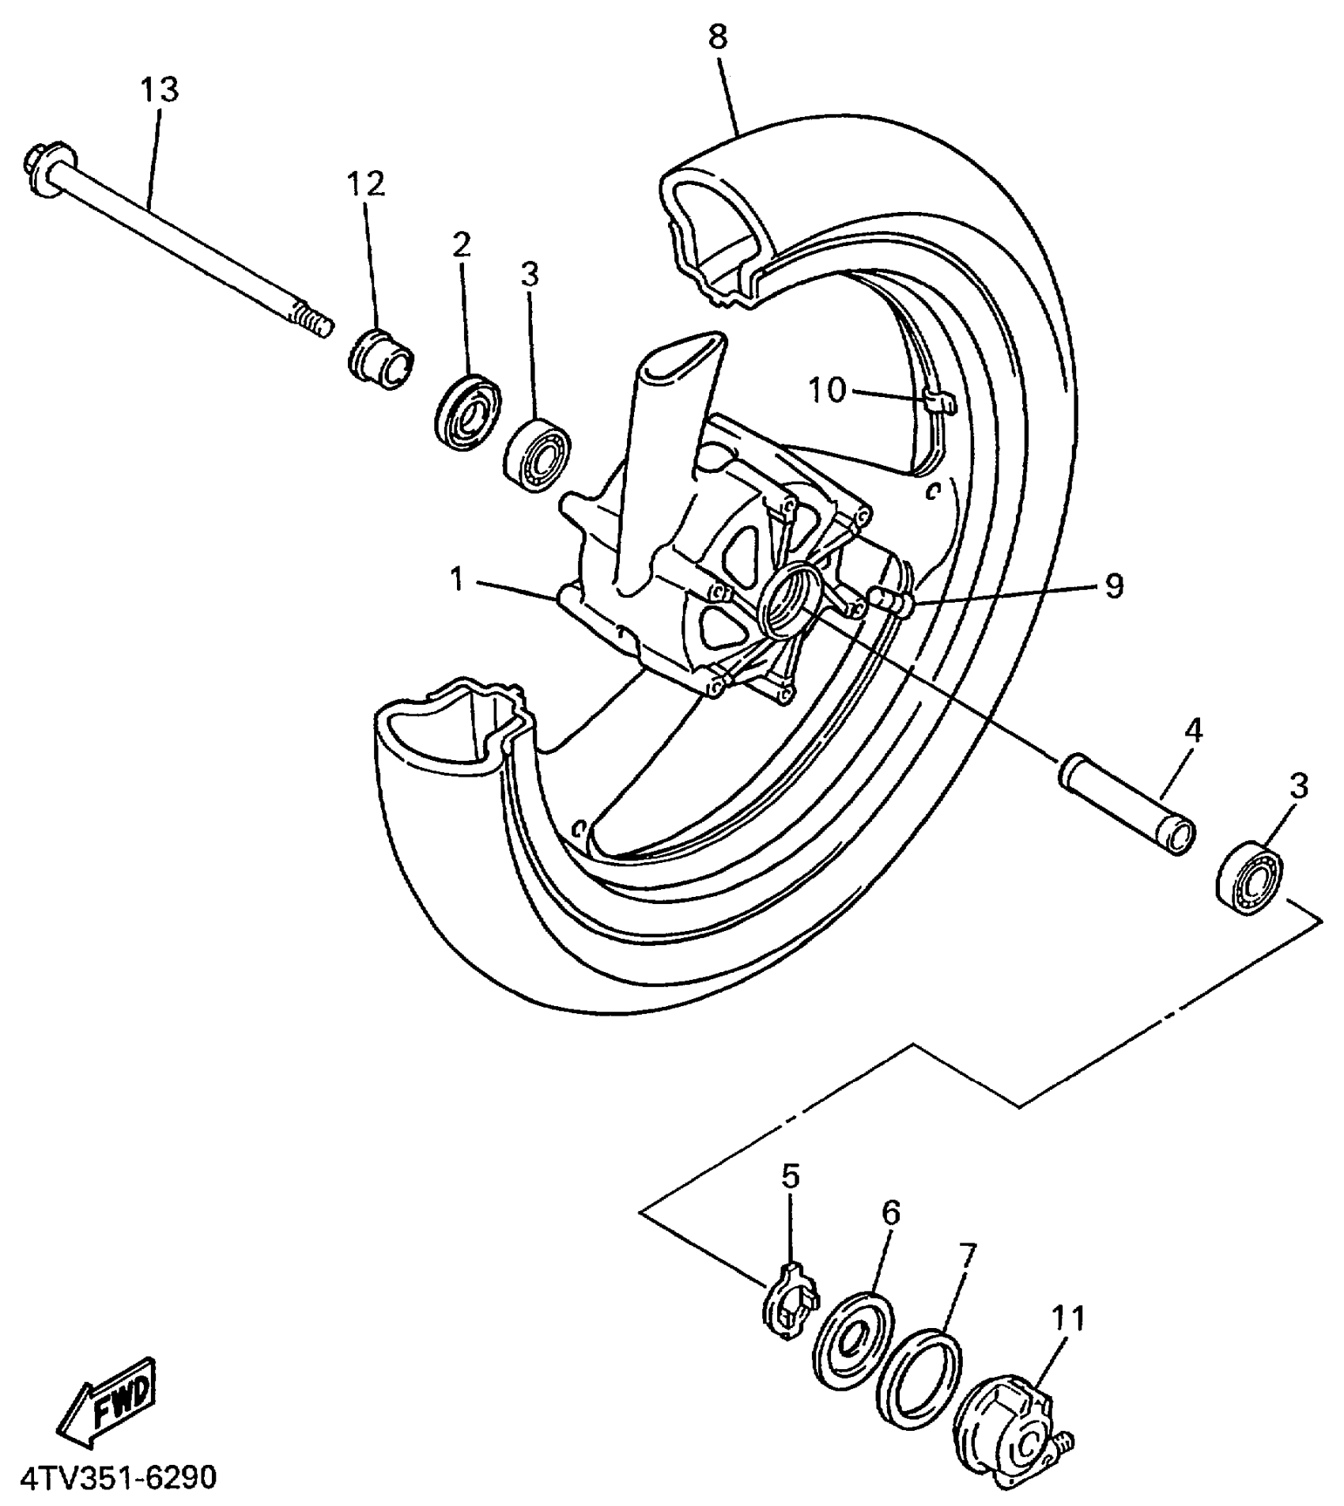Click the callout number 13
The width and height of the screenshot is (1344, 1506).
160,90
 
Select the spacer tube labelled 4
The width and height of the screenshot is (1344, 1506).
1127,802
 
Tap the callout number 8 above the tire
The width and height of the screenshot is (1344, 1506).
718,36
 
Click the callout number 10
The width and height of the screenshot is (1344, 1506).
826,390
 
